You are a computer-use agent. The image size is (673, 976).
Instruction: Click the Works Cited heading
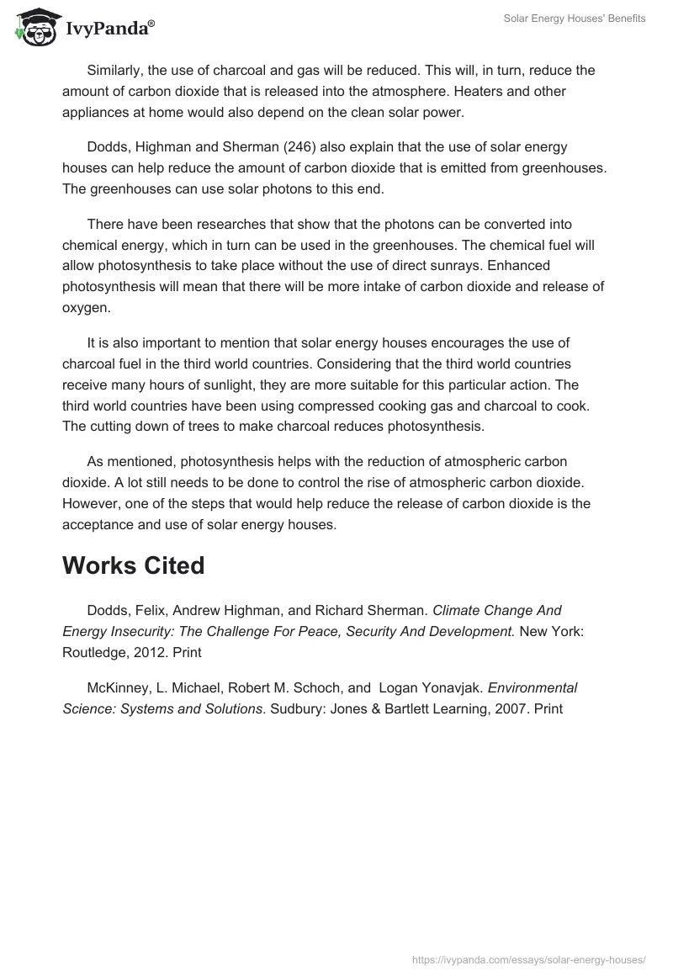(133, 565)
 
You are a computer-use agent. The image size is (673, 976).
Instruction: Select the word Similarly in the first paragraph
(117, 71)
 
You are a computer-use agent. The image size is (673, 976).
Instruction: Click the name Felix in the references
(144, 610)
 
